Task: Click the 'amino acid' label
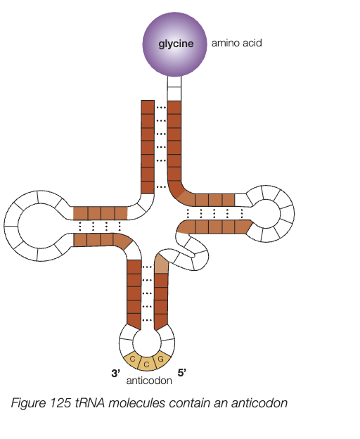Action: [x=236, y=43]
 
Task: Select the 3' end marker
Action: [x=117, y=374]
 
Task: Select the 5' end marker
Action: [x=181, y=374]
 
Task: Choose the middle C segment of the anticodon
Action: [x=146, y=364]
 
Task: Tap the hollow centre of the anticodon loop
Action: [x=146, y=341]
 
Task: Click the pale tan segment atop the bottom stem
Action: [x=162, y=265]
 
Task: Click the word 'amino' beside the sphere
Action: [x=225, y=43]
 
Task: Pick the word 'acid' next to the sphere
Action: [x=251, y=43]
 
